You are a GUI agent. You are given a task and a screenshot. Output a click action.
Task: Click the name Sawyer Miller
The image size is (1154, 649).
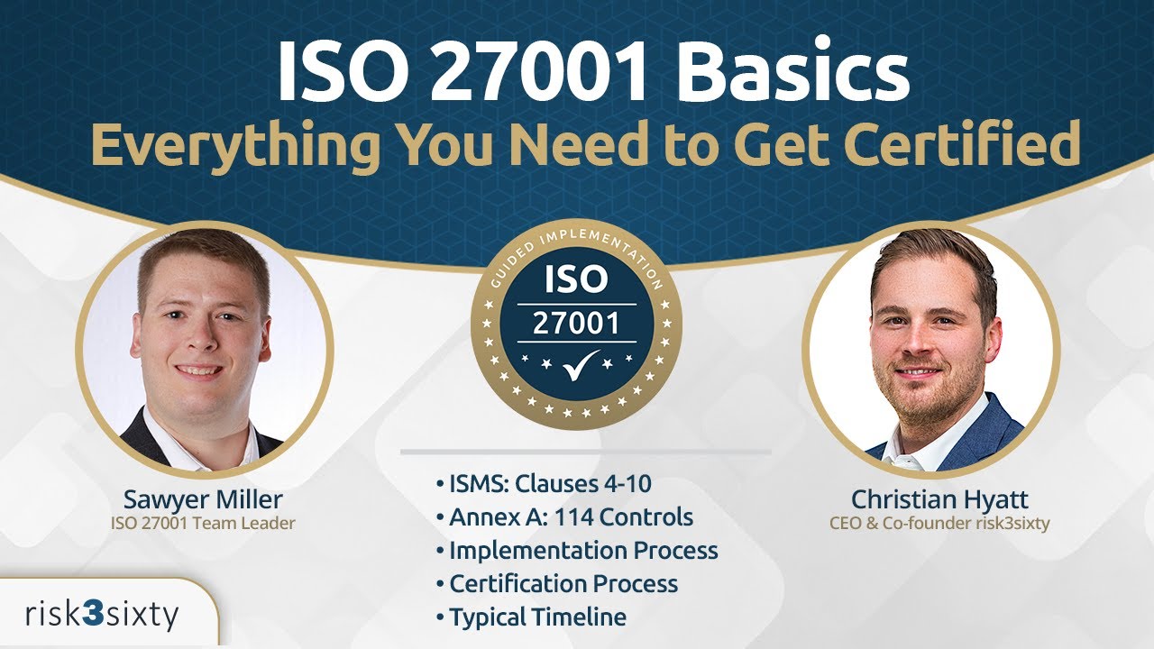pos(205,498)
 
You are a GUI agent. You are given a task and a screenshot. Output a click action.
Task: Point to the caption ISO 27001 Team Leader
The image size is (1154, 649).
pos(205,523)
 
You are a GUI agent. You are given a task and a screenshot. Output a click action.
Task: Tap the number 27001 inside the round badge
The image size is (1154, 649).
pos(576,322)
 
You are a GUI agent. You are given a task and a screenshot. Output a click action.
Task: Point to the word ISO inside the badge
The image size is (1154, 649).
pos(576,279)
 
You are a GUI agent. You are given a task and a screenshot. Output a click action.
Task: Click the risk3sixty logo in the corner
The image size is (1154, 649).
pos(101,616)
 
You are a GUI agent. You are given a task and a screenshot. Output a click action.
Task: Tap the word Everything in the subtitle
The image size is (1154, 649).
pos(234,144)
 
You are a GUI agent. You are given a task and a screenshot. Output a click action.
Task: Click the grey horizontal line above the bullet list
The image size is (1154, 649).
pos(585,452)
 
